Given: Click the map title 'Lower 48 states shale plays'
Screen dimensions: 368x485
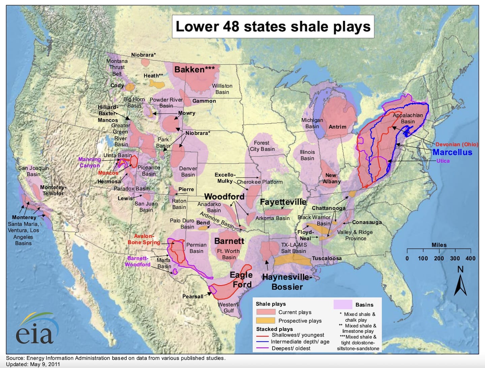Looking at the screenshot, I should tap(273, 27).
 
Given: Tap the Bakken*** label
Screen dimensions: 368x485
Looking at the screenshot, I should tap(194, 70).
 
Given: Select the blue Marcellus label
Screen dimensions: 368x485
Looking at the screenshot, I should tap(452, 152).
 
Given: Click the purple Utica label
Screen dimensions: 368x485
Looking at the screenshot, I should tap(443, 161).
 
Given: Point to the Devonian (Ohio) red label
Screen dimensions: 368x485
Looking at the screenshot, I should tap(457, 144).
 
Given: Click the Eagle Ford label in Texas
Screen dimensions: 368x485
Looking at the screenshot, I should tap(241, 280).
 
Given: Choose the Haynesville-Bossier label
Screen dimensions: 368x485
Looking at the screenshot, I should tap(287, 282).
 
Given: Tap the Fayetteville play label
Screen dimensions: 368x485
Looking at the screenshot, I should tap(283, 202).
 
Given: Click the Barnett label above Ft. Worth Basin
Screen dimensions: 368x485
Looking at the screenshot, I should tap(229, 241).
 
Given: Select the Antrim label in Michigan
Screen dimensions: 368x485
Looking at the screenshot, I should tap(337, 127).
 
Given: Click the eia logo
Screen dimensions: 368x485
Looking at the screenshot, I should tap(35, 330).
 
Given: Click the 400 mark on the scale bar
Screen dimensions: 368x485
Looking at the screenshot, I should tap(470, 258).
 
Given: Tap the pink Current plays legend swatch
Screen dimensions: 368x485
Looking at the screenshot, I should tap(266, 312).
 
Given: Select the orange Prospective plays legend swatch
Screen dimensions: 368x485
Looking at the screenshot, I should tap(266, 321).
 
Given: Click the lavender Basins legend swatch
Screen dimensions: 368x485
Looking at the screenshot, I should tap(343, 304).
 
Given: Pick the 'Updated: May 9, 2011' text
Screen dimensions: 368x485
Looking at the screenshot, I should tap(33, 364).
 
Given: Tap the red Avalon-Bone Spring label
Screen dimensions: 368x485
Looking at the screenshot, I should tap(144, 239).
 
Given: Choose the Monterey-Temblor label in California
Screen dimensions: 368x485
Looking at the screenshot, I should tap(53, 190).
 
